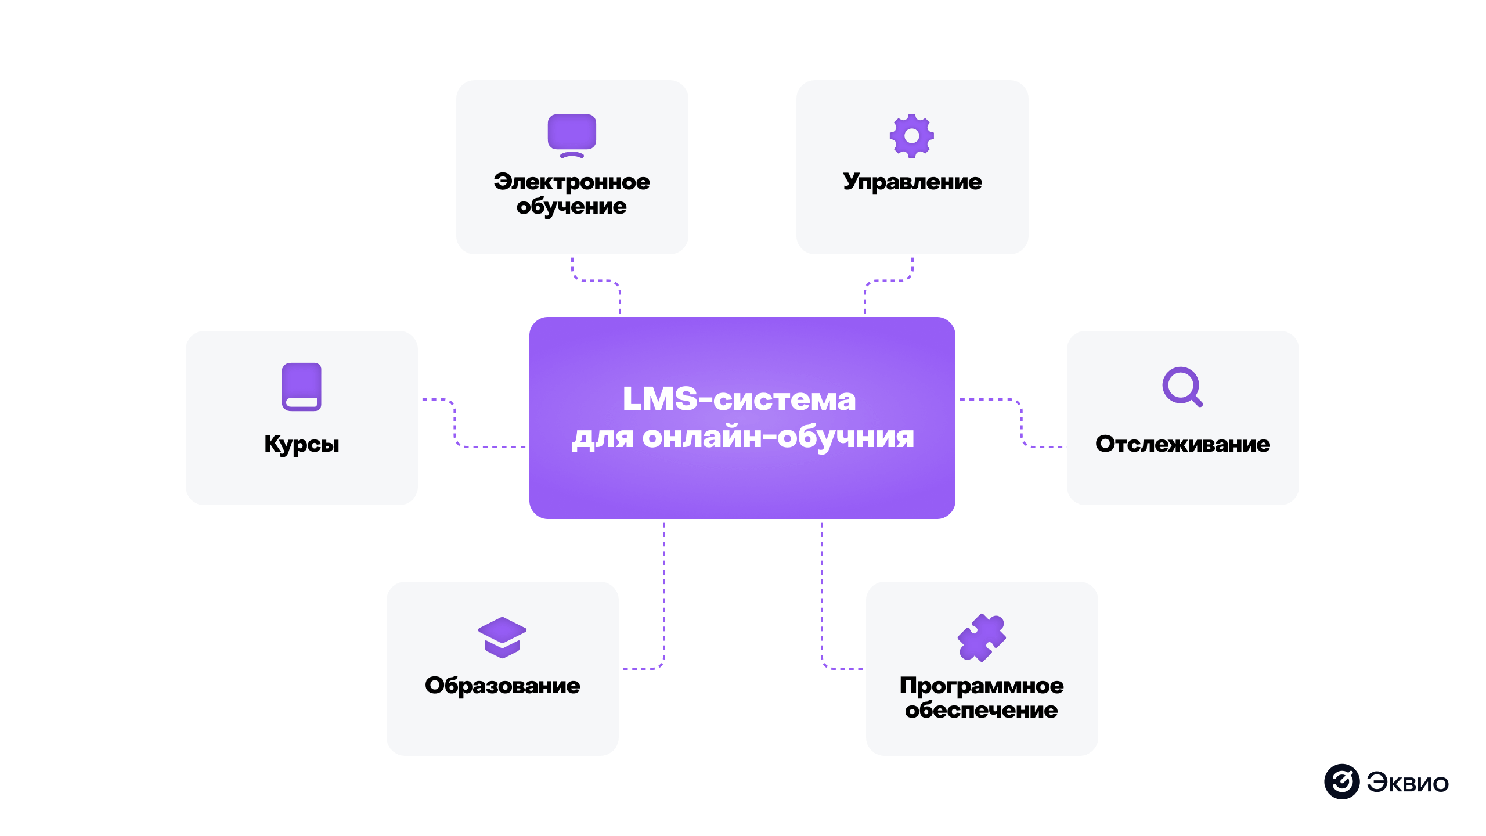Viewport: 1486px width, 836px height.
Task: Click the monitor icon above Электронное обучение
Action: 572,135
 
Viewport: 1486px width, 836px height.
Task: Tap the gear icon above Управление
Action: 911,135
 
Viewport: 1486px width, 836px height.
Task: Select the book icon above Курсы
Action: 301,387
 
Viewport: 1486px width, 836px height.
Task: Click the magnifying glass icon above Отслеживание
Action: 1182,386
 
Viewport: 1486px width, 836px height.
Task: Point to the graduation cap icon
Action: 502,637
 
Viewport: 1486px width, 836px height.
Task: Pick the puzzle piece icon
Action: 981,637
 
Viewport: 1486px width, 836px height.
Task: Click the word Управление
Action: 912,182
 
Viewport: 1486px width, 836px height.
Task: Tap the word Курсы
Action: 301,444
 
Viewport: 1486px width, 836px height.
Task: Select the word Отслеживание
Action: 1182,444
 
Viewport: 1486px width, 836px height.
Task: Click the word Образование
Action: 502,686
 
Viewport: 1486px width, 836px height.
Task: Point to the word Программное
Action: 981,686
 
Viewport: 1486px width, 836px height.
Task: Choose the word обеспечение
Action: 981,710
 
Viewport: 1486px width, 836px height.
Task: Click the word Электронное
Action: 572,182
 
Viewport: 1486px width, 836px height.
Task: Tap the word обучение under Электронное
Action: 572,206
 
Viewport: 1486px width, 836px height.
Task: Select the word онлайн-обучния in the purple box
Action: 778,437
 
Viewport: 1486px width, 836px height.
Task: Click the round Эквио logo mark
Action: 1341,781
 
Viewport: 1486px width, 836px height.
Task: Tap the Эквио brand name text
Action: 1407,783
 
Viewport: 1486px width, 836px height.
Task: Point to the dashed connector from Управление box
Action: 888,281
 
